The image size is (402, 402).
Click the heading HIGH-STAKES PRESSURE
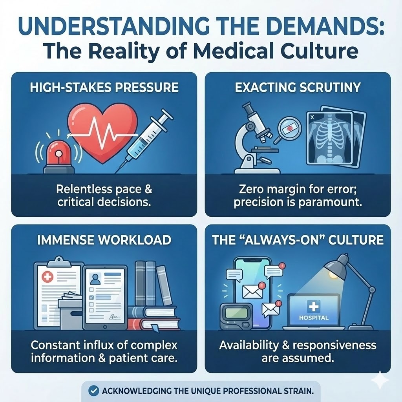(x=104, y=87)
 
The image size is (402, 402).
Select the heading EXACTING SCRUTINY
(x=298, y=87)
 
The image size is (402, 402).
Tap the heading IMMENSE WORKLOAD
(x=104, y=239)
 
